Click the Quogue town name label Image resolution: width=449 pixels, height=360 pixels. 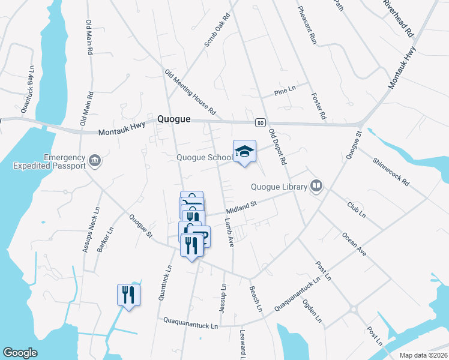(x=173, y=119)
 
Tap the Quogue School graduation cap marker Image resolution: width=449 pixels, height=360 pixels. (x=244, y=152)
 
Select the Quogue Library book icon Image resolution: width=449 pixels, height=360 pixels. (x=316, y=186)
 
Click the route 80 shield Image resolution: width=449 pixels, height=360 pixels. (x=259, y=122)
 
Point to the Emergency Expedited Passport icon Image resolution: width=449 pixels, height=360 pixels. (x=95, y=160)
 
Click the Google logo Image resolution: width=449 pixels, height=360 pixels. (x=20, y=353)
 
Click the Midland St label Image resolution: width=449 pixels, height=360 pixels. (x=241, y=208)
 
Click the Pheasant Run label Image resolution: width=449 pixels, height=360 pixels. (x=306, y=26)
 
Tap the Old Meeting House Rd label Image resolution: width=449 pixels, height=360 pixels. (x=190, y=92)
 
